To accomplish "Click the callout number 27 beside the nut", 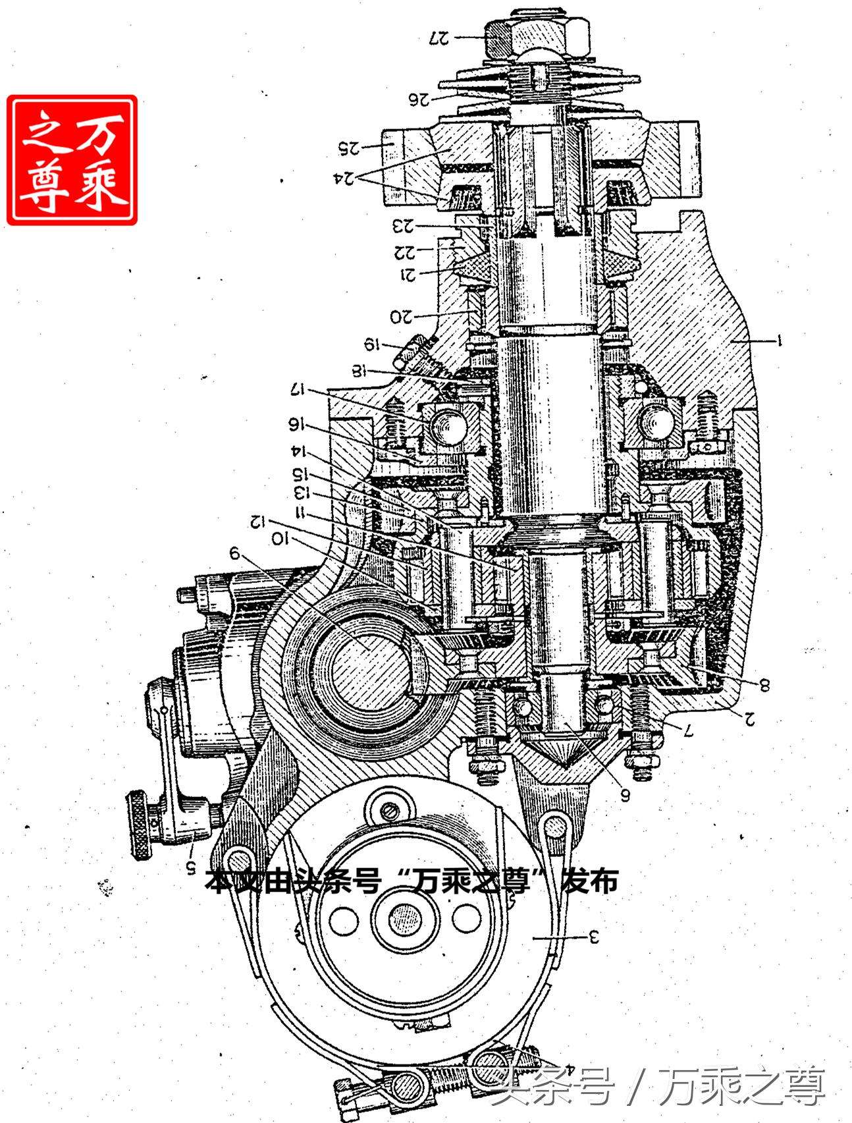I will (439, 38).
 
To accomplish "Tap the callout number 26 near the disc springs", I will (419, 99).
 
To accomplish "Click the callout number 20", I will (402, 316).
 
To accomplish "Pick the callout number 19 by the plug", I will (373, 343).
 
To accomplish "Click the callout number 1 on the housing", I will (779, 341).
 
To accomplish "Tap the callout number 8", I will (764, 685).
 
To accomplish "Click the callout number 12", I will (258, 522).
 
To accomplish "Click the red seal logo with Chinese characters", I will (72, 160).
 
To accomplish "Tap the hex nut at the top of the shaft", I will (537, 38).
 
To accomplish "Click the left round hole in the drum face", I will (343, 920).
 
